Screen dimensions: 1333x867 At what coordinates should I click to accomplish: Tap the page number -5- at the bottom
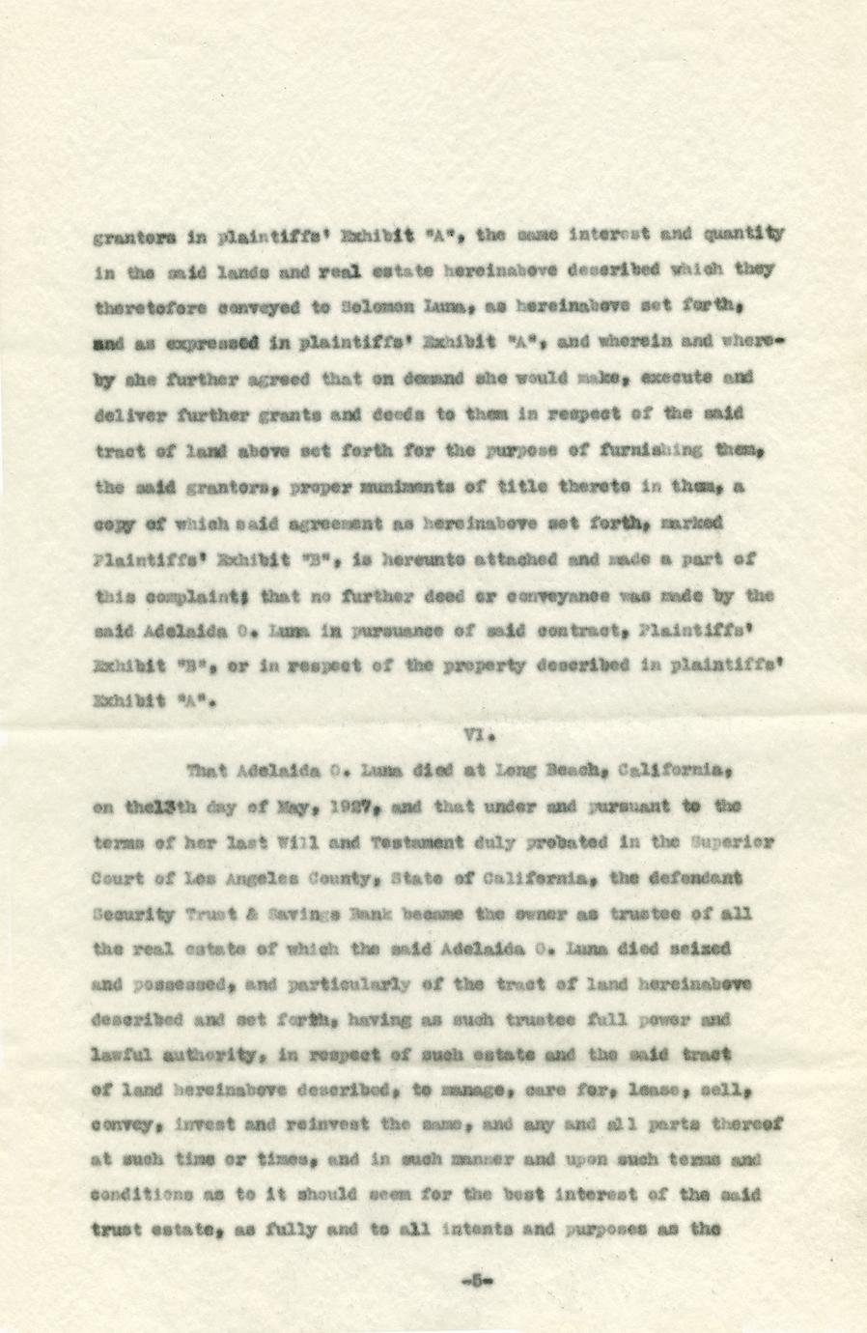[478, 1282]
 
